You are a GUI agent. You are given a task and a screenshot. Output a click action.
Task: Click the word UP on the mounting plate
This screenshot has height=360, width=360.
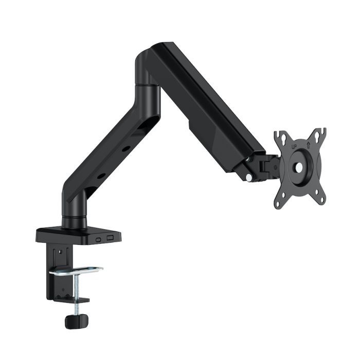[x=295, y=147]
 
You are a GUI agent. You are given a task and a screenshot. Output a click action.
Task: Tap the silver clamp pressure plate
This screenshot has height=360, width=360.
[x=80, y=271]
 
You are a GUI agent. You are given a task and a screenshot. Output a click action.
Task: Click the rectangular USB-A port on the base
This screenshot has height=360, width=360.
[x=110, y=238]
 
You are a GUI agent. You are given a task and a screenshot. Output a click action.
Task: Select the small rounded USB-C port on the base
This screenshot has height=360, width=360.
[x=98, y=239]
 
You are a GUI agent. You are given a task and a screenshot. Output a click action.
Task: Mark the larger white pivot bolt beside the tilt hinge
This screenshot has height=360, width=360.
[x=249, y=177]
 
